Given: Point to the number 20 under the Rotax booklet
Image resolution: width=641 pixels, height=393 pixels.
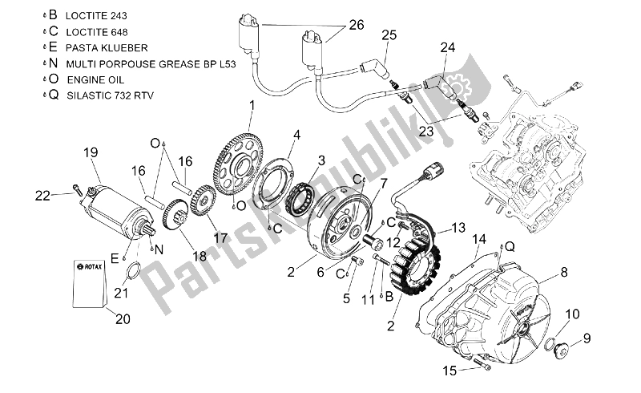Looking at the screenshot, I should pyautogui.click(x=122, y=318).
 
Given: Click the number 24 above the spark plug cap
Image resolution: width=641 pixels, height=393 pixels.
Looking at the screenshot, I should pyautogui.click(x=446, y=48).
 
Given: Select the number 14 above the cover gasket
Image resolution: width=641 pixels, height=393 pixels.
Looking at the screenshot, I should pyautogui.click(x=479, y=239).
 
